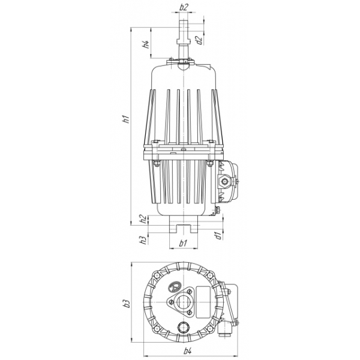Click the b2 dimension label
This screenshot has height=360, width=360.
click(x=184, y=7)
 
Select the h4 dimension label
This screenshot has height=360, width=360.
click(x=146, y=44)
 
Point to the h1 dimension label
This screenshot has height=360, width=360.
click(x=126, y=119)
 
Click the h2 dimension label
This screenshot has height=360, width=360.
click(x=143, y=219)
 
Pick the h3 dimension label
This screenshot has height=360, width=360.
click(x=143, y=240)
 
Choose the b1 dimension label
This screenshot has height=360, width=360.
click(x=183, y=243)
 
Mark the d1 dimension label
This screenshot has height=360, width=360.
click(x=218, y=236)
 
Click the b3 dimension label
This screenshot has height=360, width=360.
click(x=127, y=304)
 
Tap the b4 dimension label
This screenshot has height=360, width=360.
click(x=188, y=351)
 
